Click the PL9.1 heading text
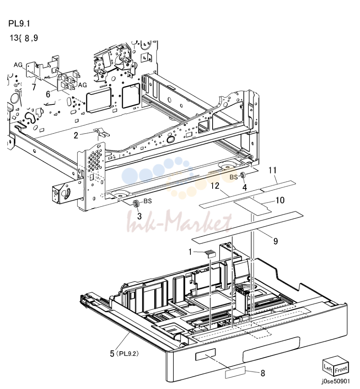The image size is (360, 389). point(19,23)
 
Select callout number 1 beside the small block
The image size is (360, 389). point(190,252)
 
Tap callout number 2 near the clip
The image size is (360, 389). point(76,135)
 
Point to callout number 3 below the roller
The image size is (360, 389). point(139,216)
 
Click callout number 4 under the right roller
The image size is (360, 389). point(244,187)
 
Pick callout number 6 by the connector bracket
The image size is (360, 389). point(48,94)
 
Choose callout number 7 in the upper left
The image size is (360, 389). point(34,87)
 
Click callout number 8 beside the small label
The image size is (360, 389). point(263,373)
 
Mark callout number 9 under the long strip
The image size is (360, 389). point(276,241)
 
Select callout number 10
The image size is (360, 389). point(280,200)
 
